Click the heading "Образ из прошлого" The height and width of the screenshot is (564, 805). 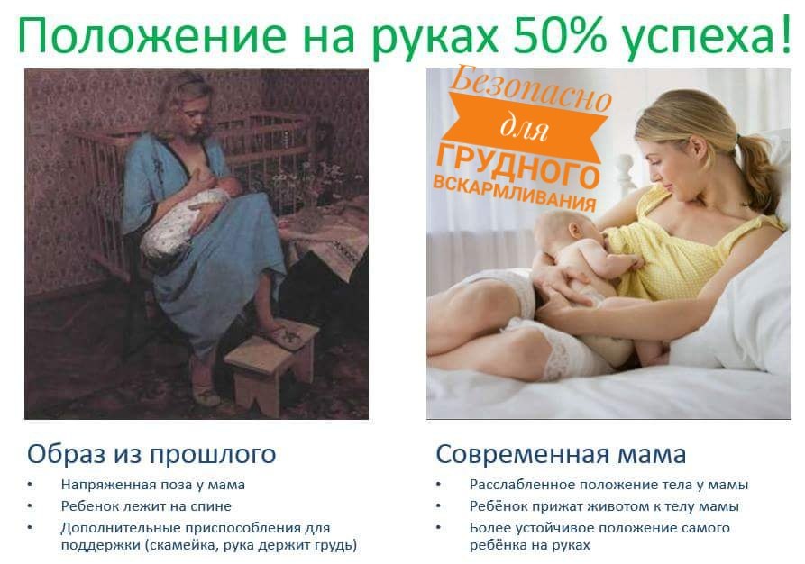(151, 452)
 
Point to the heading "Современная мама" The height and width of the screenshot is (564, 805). (561, 452)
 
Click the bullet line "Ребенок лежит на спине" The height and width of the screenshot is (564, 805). (146, 506)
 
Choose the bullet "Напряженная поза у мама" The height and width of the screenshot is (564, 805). (152, 485)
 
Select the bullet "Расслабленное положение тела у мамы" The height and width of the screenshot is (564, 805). (608, 485)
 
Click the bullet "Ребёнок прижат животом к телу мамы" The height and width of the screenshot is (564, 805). (604, 506)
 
